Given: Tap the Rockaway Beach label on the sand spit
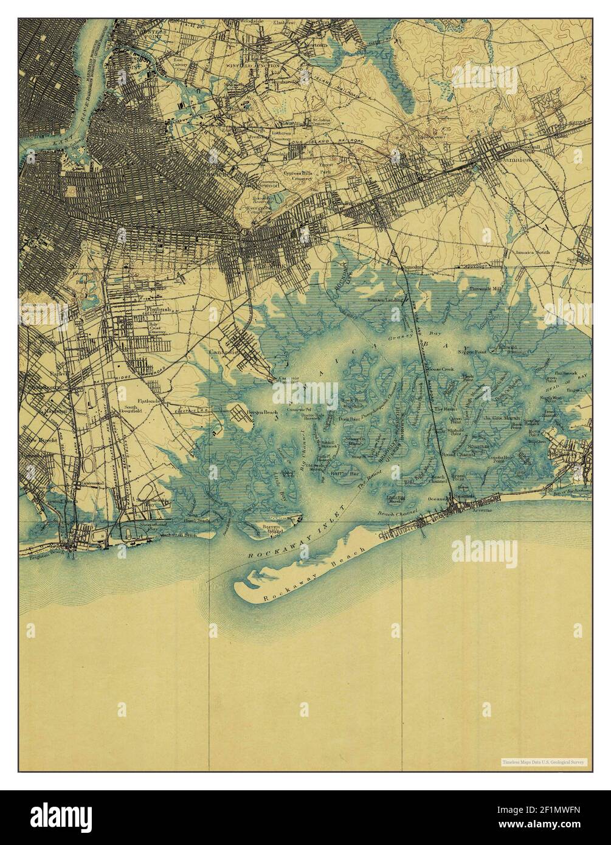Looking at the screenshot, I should point(308,571).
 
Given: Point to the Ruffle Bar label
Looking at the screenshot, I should point(340,472).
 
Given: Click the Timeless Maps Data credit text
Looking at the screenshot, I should point(544,761).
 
